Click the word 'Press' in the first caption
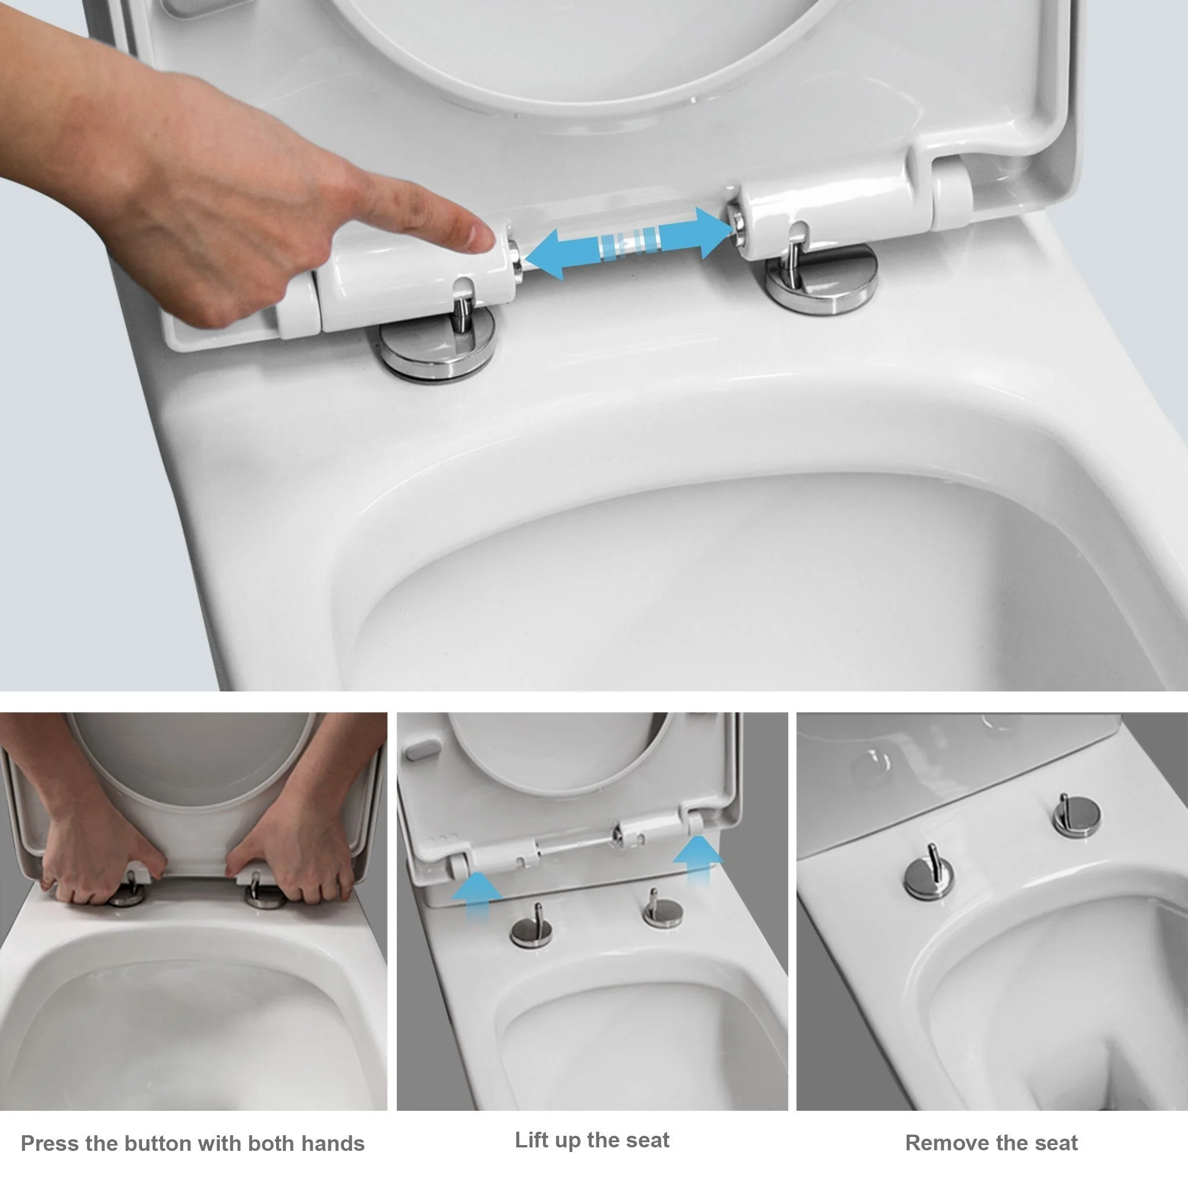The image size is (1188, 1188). click(x=50, y=1144)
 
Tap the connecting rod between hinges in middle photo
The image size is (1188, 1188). click(x=575, y=841)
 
